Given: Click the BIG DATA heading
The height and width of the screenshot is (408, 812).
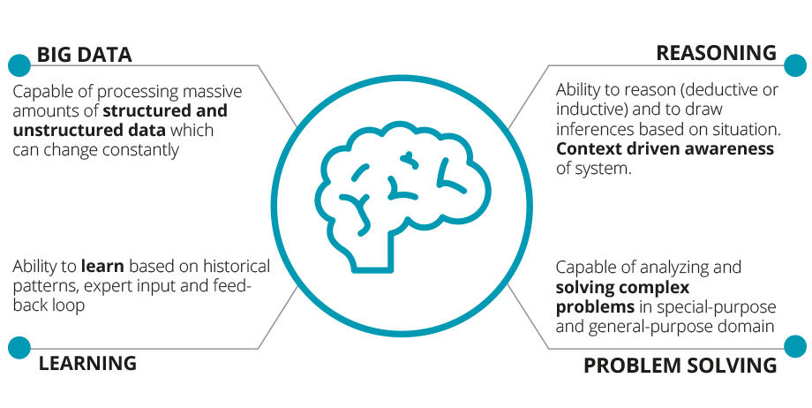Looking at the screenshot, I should [84, 55].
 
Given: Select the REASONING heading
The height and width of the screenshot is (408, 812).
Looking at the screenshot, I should [716, 53].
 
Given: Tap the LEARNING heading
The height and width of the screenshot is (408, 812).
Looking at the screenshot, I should [87, 362].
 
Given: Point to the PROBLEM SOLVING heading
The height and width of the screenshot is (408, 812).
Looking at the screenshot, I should [680, 365].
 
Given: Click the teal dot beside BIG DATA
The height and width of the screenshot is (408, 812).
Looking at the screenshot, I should [19, 64].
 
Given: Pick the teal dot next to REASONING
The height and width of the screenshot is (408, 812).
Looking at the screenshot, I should [794, 64].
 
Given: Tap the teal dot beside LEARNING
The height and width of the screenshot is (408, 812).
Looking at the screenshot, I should [19, 347].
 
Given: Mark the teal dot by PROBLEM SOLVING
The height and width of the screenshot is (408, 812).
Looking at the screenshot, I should [794, 347].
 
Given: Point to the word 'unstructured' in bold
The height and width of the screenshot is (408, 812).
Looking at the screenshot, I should [64, 131].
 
